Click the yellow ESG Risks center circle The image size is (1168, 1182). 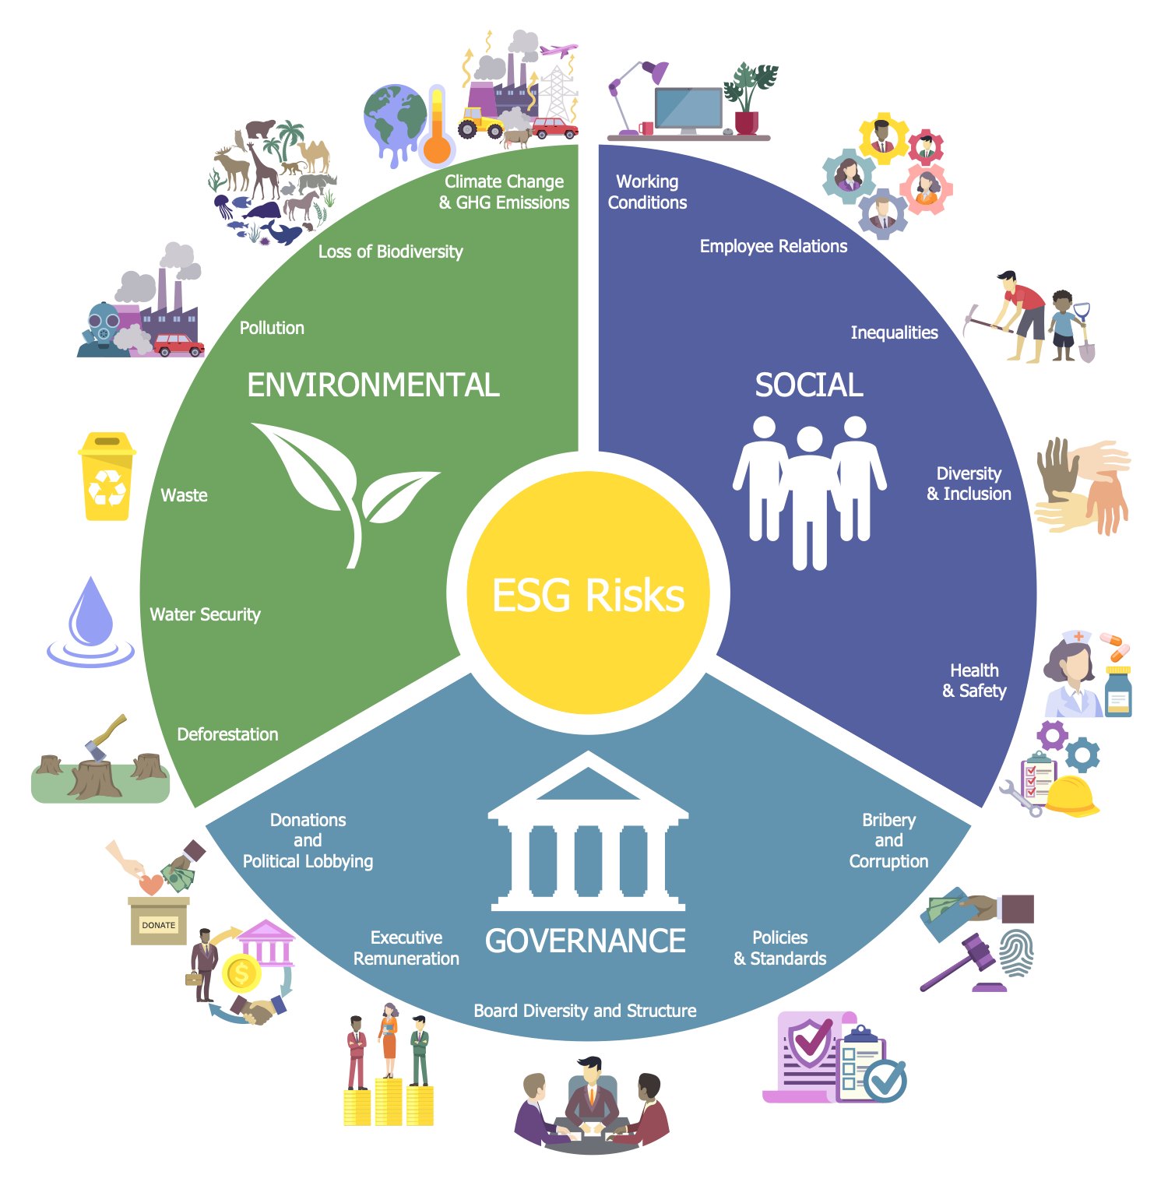click(x=588, y=593)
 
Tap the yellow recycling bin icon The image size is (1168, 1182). click(x=107, y=476)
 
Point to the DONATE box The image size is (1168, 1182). click(x=159, y=921)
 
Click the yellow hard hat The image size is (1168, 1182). click(x=1071, y=796)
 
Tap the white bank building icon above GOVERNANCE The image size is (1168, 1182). click(x=588, y=831)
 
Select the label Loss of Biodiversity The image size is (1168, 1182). click(x=390, y=252)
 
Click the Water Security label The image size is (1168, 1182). click(x=205, y=614)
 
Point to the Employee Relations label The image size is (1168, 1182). click(x=773, y=246)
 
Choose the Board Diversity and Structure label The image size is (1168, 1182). click(x=585, y=1011)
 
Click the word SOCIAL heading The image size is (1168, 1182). click(x=809, y=385)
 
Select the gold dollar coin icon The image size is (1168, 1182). click(x=241, y=973)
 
